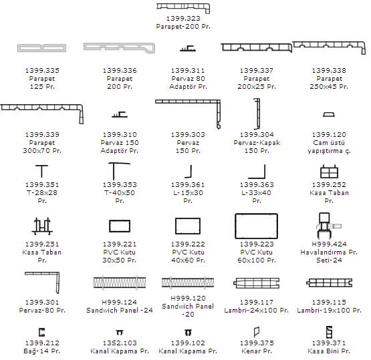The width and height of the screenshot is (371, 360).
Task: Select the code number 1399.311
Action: pyautogui.click(x=188, y=70)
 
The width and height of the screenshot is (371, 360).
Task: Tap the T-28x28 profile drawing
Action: pyautogui.click(x=41, y=166)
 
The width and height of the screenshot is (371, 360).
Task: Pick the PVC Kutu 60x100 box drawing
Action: pyautogui.click(x=256, y=214)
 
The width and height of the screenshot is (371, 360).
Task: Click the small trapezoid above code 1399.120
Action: pyautogui.click(x=329, y=114)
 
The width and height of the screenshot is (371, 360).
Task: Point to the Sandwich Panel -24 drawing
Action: pyautogui.click(x=120, y=283)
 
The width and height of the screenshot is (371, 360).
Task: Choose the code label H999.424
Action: pyautogui.click(x=329, y=244)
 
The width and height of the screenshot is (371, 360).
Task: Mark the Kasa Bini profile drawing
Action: pyautogui.click(x=329, y=332)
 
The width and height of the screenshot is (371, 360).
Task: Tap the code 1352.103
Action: pyautogui.click(x=120, y=343)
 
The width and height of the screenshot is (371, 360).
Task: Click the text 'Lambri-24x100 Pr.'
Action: pyautogui.click(x=257, y=310)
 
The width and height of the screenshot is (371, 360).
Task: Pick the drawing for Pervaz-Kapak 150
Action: pyautogui.click(x=259, y=114)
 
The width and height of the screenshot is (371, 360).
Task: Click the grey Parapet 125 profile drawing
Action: pyautogui.click(x=41, y=45)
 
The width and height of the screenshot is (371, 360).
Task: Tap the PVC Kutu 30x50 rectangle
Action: pyautogui.click(x=120, y=220)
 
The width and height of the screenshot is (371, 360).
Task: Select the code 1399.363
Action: pyautogui.click(x=257, y=184)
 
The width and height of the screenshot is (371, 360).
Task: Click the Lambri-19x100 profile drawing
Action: pyautogui.click(x=329, y=280)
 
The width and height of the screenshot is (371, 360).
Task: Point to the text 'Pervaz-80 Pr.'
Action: pyautogui.click(x=42, y=310)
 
